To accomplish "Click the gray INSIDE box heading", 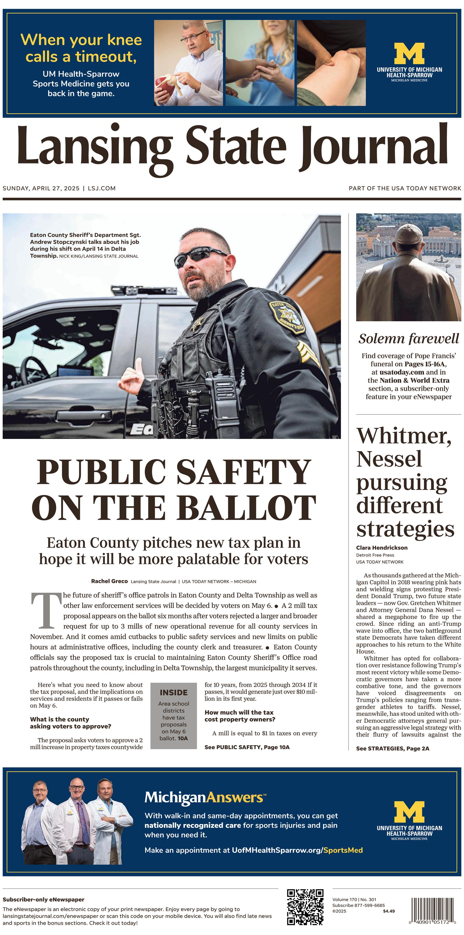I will (x=173, y=692).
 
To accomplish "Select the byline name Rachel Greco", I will (x=109, y=581).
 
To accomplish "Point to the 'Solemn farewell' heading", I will (x=409, y=339).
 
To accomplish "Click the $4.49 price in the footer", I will (x=389, y=911).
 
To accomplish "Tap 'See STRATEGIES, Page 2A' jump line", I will (x=392, y=749).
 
